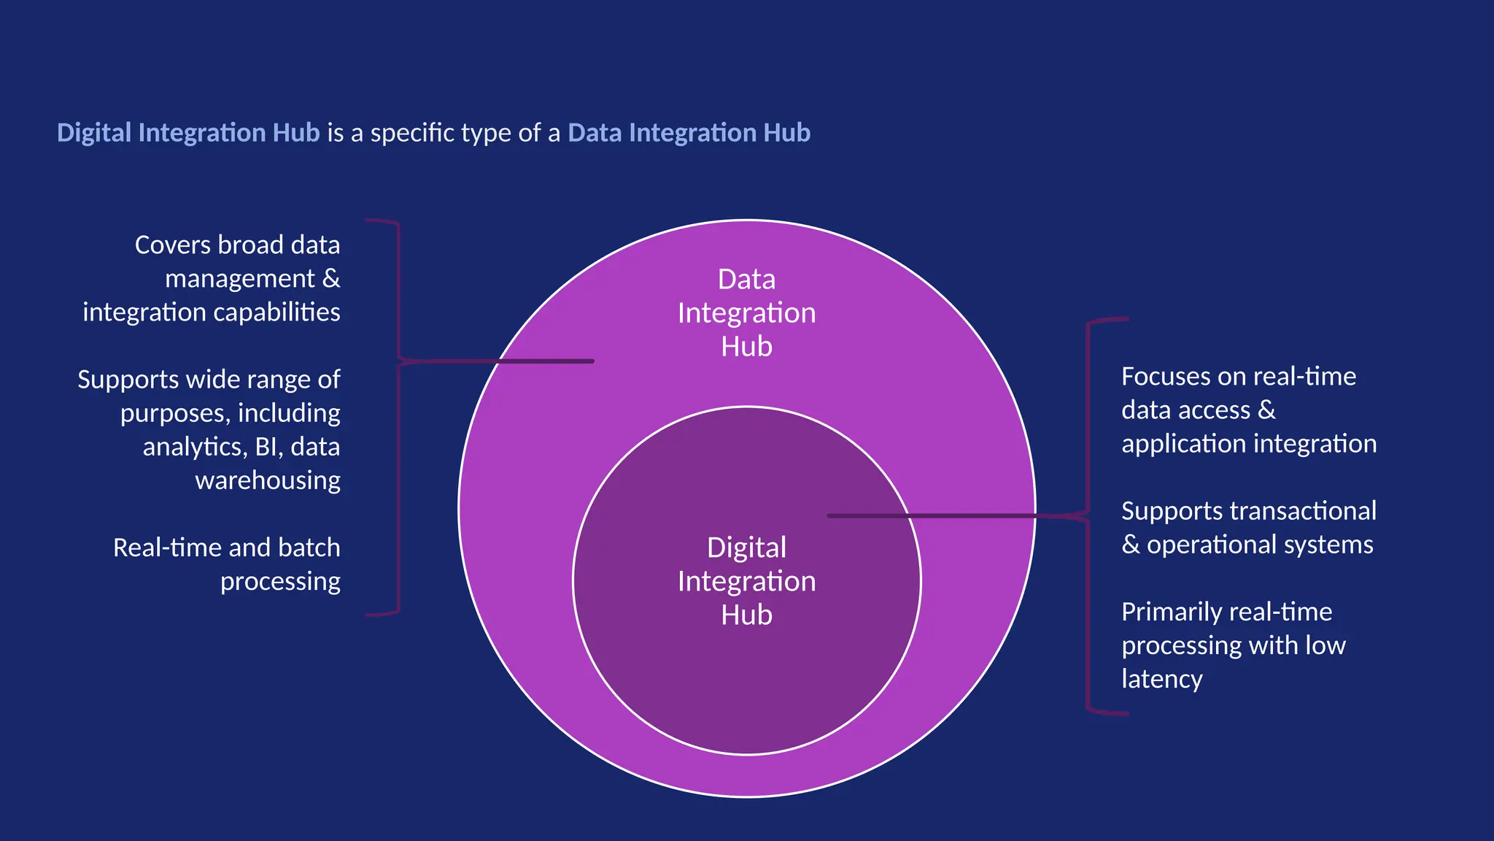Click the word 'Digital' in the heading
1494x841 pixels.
pos(93,133)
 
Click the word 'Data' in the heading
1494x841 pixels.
pos(595,133)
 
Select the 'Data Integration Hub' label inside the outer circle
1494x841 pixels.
pos(746,312)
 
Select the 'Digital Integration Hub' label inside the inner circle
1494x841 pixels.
pos(746,581)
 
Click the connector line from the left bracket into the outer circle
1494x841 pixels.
pos(511,361)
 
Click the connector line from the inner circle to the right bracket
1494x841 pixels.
pos(948,516)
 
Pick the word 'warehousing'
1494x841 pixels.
pos(267,480)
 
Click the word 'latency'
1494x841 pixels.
pos(1161,679)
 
